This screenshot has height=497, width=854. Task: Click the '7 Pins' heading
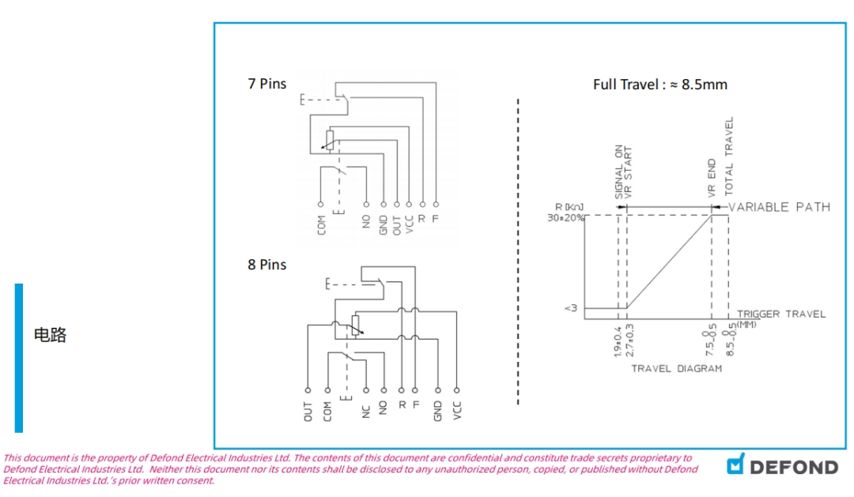pyautogui.click(x=266, y=84)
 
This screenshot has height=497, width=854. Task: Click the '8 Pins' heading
pyautogui.click(x=266, y=265)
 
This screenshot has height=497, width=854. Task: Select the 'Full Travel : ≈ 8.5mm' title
pyautogui.click(x=659, y=85)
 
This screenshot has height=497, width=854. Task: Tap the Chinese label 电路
pyautogui.click(x=50, y=335)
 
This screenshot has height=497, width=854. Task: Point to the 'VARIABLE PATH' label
pyautogui.click(x=779, y=207)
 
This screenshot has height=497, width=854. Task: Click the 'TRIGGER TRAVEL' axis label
pyautogui.click(x=780, y=314)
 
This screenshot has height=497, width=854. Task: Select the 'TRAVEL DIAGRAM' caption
pyautogui.click(x=676, y=368)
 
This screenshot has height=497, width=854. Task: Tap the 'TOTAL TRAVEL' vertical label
pyautogui.click(x=729, y=156)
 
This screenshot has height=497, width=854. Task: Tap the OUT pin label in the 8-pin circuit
pyautogui.click(x=308, y=410)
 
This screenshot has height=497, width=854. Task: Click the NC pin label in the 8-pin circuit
pyautogui.click(x=366, y=410)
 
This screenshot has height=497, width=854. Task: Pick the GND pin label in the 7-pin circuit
pyautogui.click(x=384, y=224)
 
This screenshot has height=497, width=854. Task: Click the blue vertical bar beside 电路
pyautogui.click(x=19, y=358)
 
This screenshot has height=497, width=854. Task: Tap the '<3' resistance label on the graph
pyautogui.click(x=572, y=308)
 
